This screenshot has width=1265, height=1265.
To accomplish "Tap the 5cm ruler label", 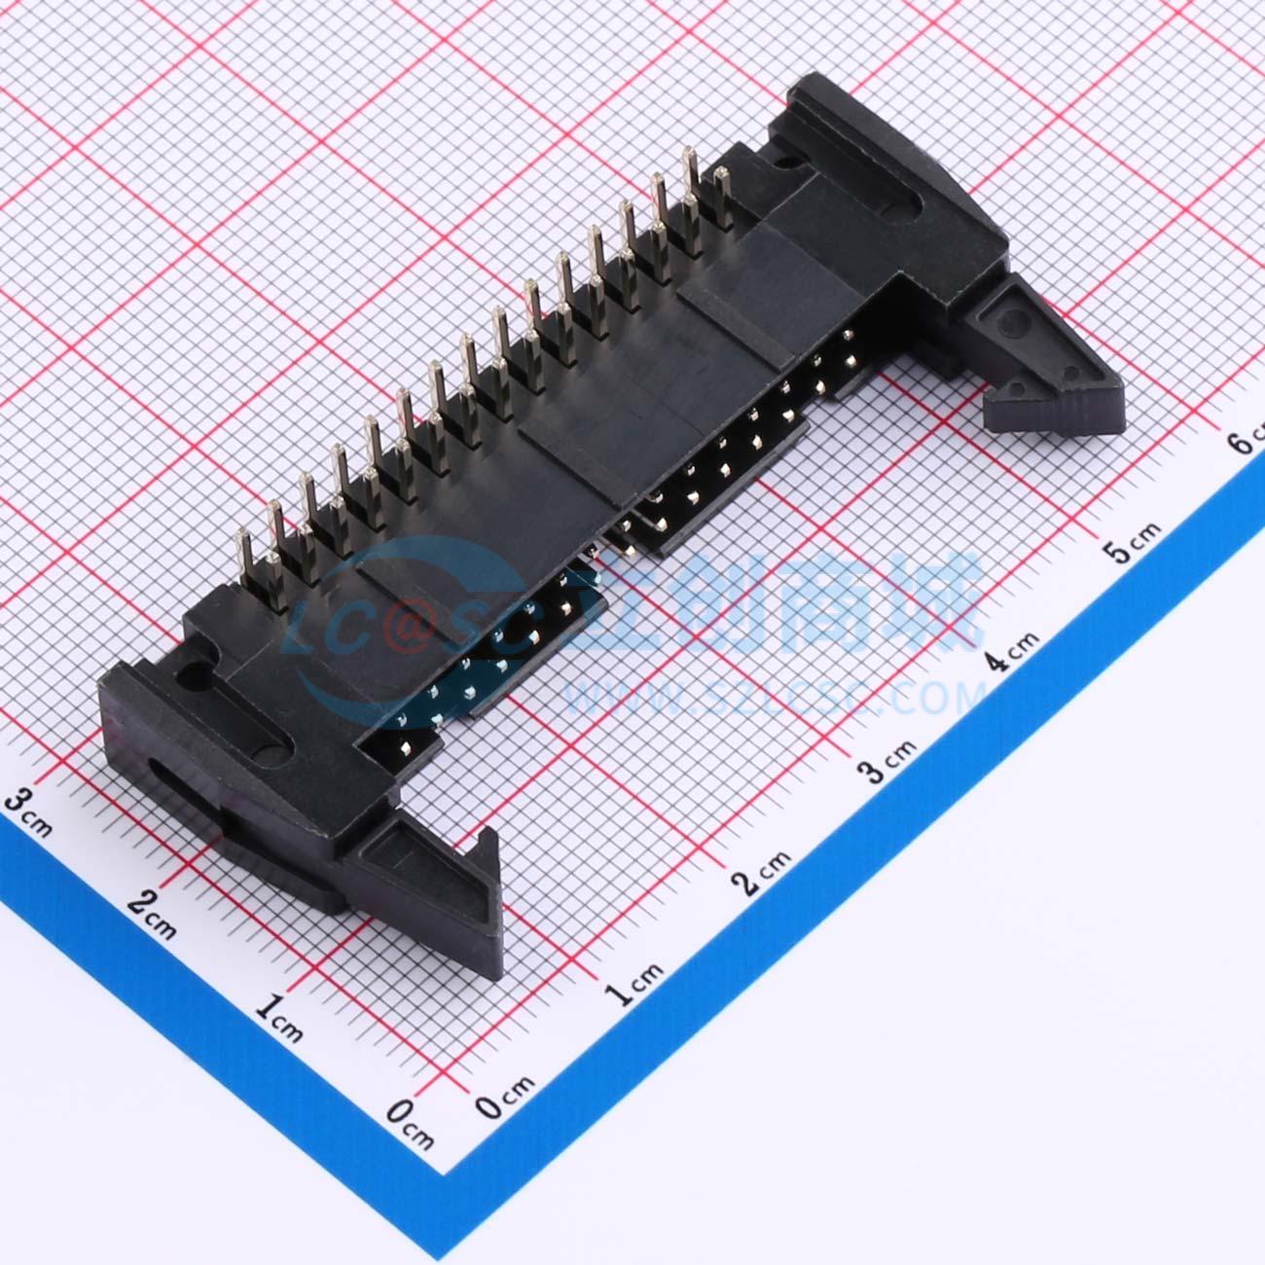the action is point(1134,542).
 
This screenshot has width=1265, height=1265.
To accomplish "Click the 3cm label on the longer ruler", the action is point(890,762).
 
